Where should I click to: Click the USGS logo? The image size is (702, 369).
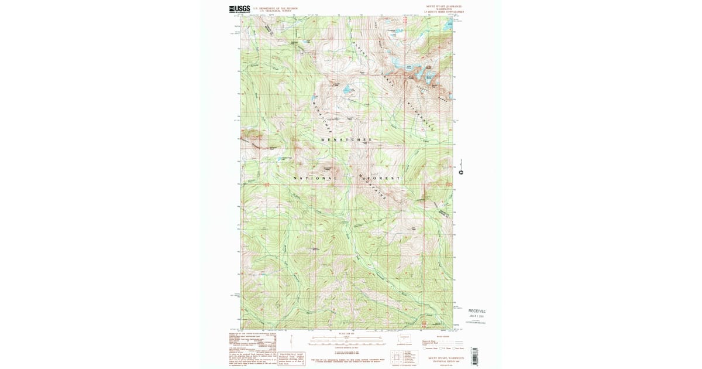pyautogui.click(x=239, y=9)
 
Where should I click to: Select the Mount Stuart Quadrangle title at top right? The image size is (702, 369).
pyautogui.click(x=444, y=6)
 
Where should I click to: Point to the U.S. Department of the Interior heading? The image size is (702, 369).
pyautogui.click(x=274, y=8)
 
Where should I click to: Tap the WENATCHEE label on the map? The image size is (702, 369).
pyautogui.click(x=346, y=140)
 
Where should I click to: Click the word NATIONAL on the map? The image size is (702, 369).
pyautogui.click(x=315, y=178)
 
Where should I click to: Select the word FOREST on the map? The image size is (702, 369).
pyautogui.click(x=383, y=178)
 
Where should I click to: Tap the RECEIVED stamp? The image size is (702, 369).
pyautogui.click(x=477, y=311)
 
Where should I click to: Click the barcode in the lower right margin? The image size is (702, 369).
pyautogui.click(x=474, y=356)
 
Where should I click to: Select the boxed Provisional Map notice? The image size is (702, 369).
pyautogui.click(x=291, y=358)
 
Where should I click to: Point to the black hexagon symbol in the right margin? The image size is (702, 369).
pyautogui.click(x=461, y=173)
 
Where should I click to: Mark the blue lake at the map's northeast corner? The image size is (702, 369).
pyautogui.click(x=451, y=24)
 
